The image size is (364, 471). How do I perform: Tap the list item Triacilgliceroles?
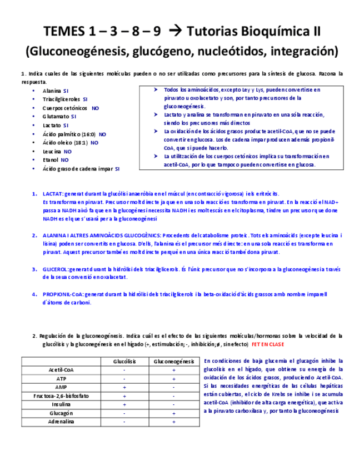pyautogui.click(x=61, y=99)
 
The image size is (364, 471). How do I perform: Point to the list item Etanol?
pyautogui.click(x=50, y=159)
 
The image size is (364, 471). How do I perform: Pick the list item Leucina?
pyautogui.click(x=52, y=151)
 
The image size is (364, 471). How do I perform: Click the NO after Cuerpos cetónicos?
pyautogui.click(x=95, y=108)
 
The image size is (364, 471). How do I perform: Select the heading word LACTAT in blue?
pyautogui.click(x=53, y=194)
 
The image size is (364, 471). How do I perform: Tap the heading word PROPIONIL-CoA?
pyautogui.click(x=63, y=294)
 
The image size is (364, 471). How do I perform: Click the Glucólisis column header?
pyautogui.click(x=124, y=362)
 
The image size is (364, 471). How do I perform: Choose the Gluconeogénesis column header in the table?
pyautogui.click(x=173, y=362)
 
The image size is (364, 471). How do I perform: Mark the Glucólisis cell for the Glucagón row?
pyautogui.click(x=124, y=413)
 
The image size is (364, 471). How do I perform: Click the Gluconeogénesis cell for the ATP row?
pyautogui.click(x=173, y=379)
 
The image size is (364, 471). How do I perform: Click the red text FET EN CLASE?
pyautogui.click(x=268, y=344)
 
